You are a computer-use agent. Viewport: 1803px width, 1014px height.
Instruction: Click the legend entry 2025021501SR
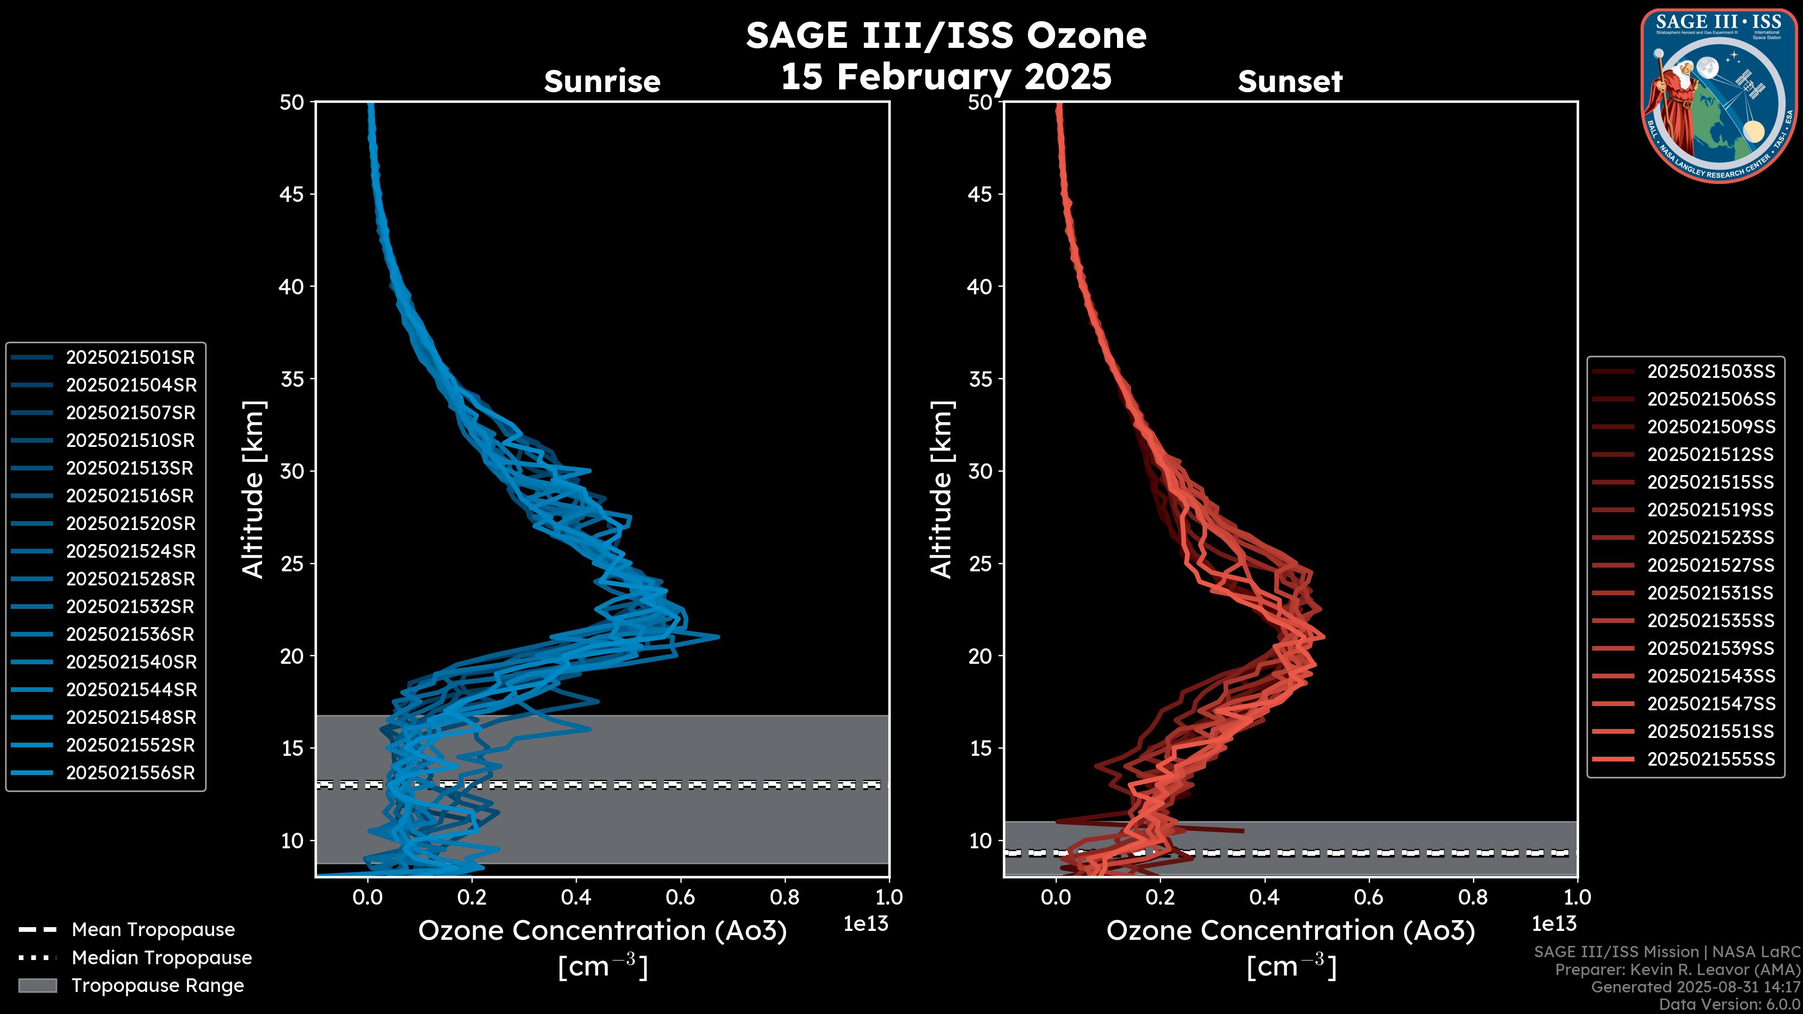pyautogui.click(x=130, y=358)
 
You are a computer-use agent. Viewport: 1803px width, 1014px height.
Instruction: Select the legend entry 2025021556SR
pyautogui.click(x=130, y=773)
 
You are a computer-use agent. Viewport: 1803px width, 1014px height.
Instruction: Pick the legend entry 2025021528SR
pyautogui.click(x=130, y=579)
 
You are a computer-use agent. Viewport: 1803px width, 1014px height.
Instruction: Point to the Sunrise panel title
pyautogui.click(x=602, y=82)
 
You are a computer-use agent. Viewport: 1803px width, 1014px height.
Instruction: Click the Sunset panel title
pyautogui.click(x=1290, y=82)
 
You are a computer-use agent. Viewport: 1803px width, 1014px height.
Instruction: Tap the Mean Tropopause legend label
pyautogui.click(x=153, y=930)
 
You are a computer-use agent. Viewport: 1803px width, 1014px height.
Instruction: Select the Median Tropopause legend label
pyautogui.click(x=162, y=958)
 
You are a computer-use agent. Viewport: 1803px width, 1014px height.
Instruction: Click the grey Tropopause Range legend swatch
pyautogui.click(x=37, y=986)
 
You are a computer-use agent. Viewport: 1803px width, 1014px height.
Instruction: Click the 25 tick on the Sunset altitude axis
pyautogui.click(x=980, y=564)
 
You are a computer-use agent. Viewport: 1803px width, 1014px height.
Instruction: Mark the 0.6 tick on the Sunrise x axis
pyautogui.click(x=680, y=897)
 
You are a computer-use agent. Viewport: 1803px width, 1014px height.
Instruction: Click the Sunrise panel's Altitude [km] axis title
pyautogui.click(x=254, y=489)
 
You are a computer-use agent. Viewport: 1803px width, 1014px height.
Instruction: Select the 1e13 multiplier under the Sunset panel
pyautogui.click(x=1554, y=924)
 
